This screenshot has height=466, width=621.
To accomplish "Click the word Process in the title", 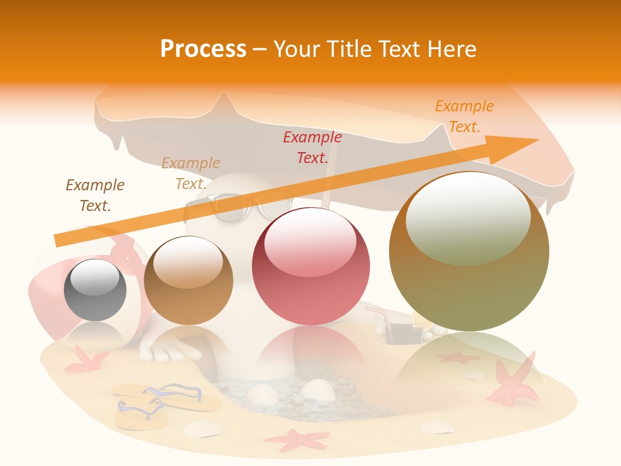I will (x=203, y=49).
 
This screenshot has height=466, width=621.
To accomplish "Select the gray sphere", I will (x=95, y=289).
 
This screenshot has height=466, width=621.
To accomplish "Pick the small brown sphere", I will (x=188, y=280).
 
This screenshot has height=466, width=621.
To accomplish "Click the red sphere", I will (x=310, y=266).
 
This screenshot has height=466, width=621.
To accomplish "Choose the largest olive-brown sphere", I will (x=469, y=251).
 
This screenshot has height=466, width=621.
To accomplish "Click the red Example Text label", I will (x=312, y=147).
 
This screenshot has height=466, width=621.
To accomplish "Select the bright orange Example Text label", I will (x=464, y=116).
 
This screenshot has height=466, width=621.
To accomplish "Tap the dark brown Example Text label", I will (x=95, y=195).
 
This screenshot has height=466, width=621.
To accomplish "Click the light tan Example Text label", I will (x=191, y=173).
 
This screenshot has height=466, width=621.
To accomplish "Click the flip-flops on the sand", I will (x=162, y=401).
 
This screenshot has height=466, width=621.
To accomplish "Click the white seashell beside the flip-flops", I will (x=202, y=429).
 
